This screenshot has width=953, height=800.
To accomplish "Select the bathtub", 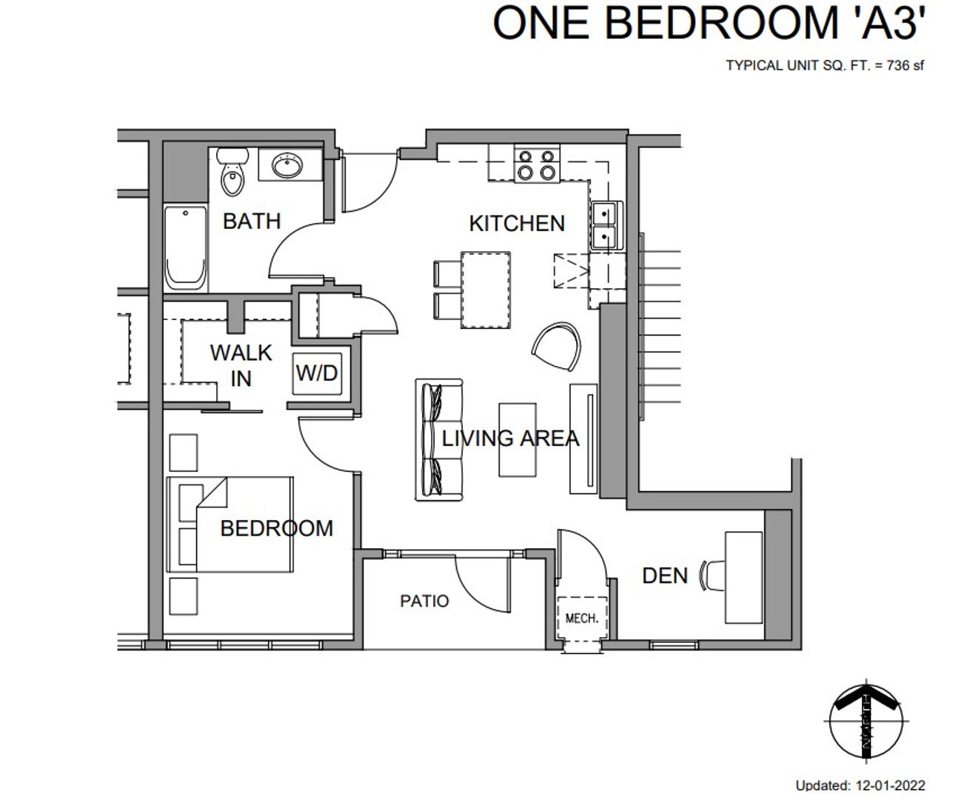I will pyautogui.click(x=185, y=248).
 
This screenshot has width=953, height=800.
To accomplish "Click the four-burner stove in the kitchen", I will pyautogui.click(x=537, y=164).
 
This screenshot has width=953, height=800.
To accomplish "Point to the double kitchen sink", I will pyautogui.click(x=606, y=225).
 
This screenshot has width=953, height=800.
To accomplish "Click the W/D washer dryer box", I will pyautogui.click(x=317, y=372).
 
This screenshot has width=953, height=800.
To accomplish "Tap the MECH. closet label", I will pyautogui.click(x=581, y=618).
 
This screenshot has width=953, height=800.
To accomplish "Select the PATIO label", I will pyautogui.click(x=424, y=600).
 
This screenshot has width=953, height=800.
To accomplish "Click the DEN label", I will pyautogui.click(x=664, y=576).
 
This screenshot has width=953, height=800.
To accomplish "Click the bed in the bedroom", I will pyautogui.click(x=231, y=524).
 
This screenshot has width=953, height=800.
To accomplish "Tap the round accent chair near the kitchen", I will pyautogui.click(x=557, y=347).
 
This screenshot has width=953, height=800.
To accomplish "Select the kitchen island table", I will pyautogui.click(x=486, y=289).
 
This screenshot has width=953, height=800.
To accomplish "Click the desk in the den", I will pyautogui.click(x=743, y=576).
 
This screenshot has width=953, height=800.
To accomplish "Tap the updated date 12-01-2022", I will pyautogui.click(x=897, y=785).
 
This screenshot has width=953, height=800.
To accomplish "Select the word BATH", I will pyautogui.click(x=252, y=221).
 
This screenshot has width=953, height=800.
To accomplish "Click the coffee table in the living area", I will pyautogui.click(x=518, y=439).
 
